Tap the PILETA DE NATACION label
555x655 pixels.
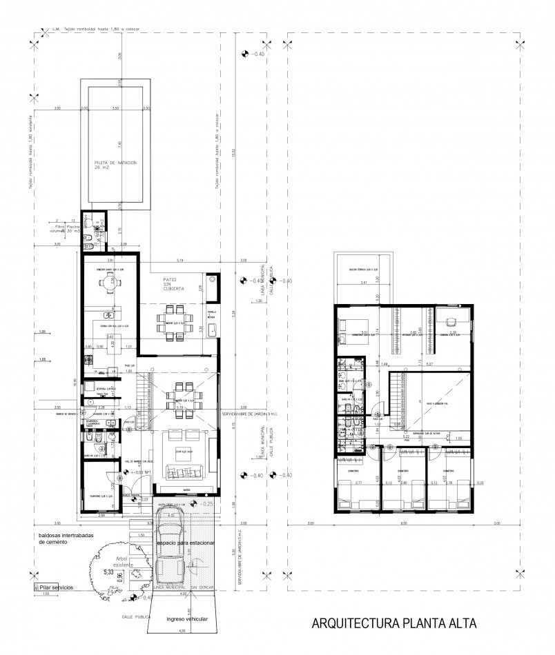click(117, 164)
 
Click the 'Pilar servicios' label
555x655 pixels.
click(55, 586)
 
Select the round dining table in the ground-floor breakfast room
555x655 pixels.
click(109, 280)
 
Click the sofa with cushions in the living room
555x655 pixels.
click(183, 472)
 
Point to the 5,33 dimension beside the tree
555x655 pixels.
click(108, 572)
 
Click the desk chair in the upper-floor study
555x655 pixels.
click(452, 321)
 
